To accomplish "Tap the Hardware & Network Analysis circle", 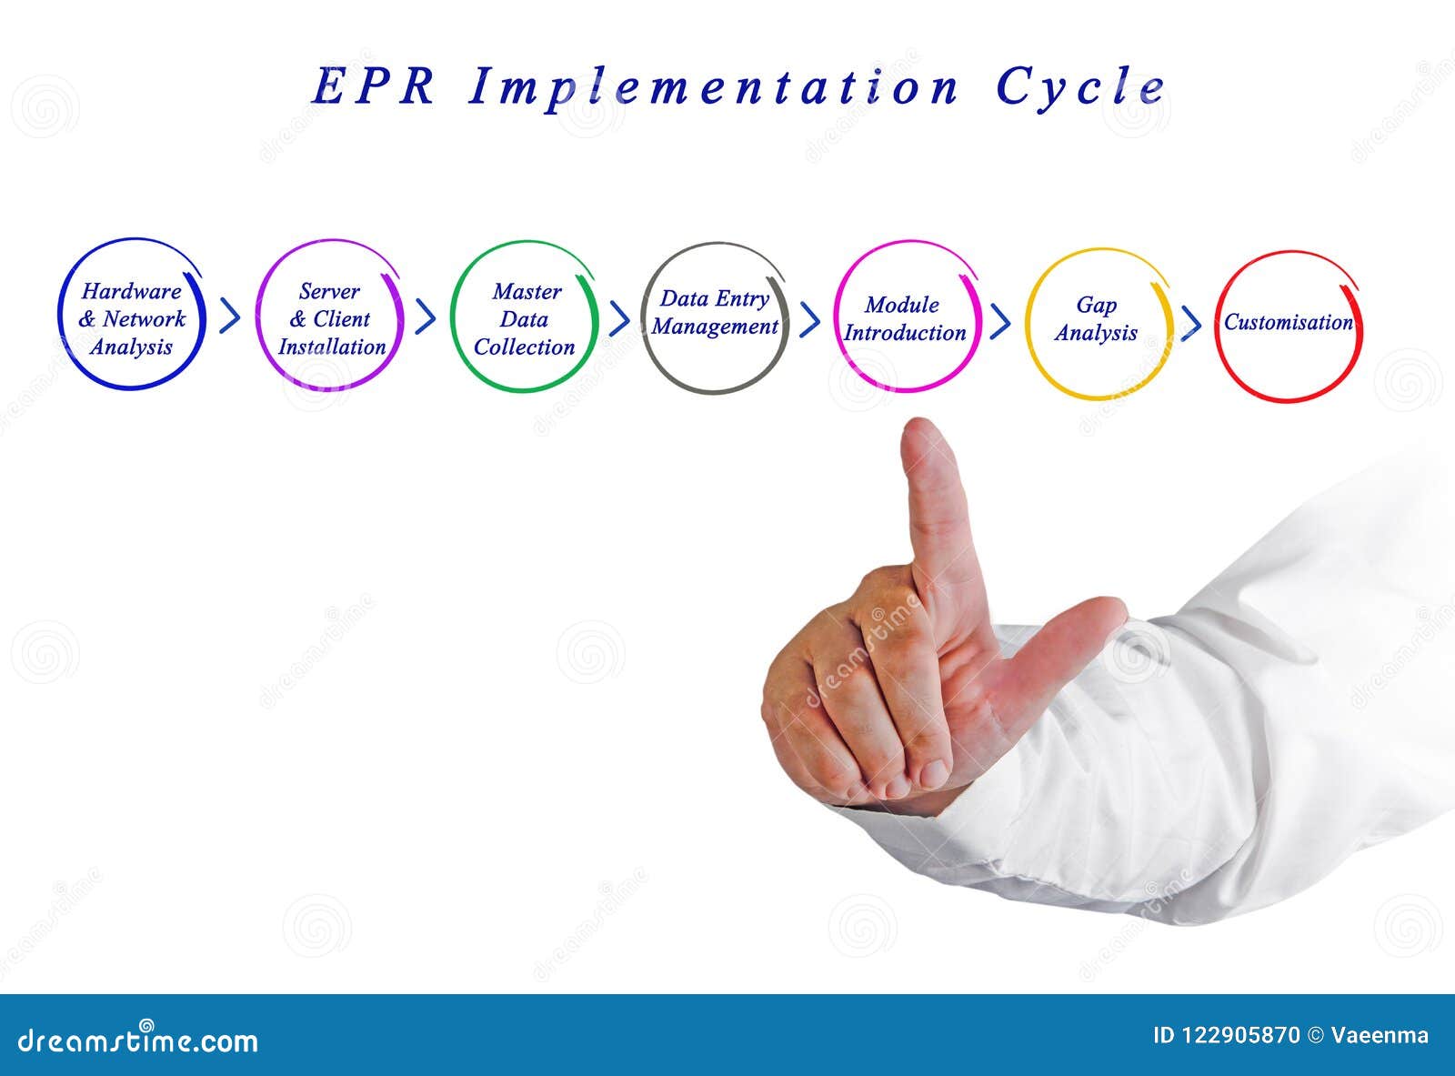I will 132,317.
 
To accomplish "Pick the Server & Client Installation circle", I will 330,317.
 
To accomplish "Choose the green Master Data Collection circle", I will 525,317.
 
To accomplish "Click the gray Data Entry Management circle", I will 715,317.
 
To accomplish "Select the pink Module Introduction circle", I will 905,317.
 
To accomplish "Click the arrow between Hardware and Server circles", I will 231,317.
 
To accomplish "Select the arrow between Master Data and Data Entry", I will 620,318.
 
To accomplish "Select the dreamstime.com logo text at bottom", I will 138,1040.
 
